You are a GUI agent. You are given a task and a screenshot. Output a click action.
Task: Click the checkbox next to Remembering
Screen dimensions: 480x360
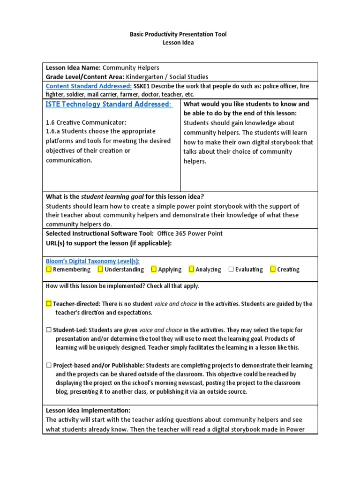[x=49, y=269]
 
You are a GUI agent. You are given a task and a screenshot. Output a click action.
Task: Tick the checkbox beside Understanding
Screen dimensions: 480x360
[x=100, y=269]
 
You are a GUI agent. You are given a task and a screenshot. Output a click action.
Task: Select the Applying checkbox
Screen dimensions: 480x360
[x=154, y=269]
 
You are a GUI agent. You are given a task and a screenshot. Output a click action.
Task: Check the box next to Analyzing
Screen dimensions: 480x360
[x=191, y=269]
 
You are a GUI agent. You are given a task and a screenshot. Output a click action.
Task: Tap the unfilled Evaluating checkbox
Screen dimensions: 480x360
[x=231, y=269]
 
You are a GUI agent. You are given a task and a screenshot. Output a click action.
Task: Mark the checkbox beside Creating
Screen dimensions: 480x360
[x=273, y=269]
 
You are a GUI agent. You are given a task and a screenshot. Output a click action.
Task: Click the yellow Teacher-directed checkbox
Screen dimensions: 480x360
[x=49, y=303]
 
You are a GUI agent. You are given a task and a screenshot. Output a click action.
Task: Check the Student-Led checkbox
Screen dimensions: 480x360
[x=49, y=330]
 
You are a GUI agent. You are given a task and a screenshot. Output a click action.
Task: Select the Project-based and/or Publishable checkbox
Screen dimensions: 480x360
[x=49, y=365]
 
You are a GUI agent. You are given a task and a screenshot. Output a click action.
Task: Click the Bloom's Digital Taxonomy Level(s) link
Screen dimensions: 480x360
[x=92, y=261]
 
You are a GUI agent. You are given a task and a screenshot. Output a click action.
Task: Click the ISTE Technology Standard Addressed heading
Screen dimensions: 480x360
[x=109, y=104]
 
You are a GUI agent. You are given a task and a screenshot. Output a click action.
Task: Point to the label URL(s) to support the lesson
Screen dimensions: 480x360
[x=109, y=243]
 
